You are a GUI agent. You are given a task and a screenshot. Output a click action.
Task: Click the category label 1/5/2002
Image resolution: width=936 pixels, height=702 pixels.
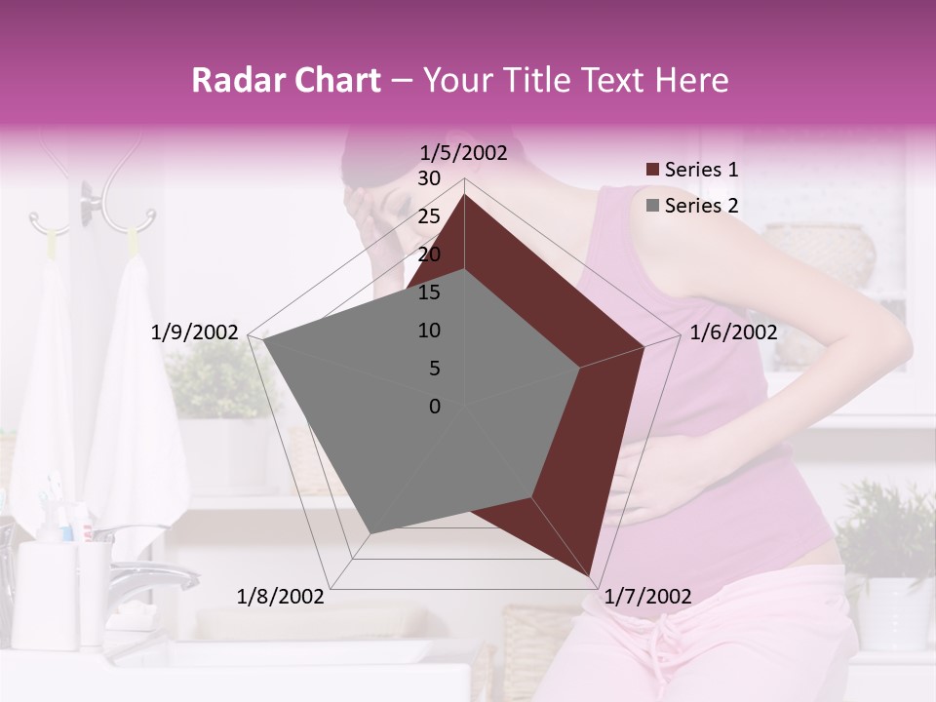click(x=464, y=153)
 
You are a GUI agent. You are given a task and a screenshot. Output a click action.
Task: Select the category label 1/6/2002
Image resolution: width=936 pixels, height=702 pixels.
click(x=733, y=332)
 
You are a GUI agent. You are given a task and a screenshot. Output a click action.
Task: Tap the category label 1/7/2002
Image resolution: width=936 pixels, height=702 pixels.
click(x=647, y=597)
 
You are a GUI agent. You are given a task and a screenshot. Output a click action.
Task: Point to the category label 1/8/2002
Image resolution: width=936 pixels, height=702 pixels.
click(x=281, y=597)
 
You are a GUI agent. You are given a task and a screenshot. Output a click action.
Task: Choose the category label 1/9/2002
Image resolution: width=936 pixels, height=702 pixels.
click(x=195, y=332)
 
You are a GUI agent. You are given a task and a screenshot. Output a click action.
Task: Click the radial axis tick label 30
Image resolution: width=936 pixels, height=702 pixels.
click(x=429, y=178)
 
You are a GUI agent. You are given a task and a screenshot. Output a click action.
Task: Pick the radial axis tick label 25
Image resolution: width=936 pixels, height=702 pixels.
click(x=429, y=216)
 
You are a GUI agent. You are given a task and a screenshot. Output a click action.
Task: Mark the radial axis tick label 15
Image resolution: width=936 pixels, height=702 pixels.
click(x=429, y=292)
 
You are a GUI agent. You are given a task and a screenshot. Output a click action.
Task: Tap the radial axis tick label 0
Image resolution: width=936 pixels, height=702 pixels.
click(x=435, y=407)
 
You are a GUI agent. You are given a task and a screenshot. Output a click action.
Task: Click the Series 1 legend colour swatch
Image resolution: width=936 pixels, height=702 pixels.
click(x=653, y=171)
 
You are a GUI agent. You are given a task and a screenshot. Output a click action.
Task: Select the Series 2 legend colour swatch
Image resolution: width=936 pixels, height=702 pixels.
click(x=653, y=206)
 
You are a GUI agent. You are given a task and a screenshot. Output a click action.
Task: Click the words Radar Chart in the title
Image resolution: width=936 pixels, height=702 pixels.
click(x=286, y=80)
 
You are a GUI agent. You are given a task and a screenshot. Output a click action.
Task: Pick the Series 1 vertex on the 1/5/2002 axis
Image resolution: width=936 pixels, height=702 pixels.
click(x=464, y=194)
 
